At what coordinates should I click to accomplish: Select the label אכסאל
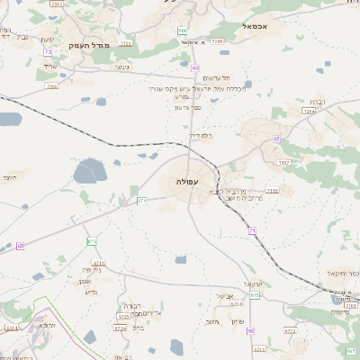click(x=259, y=27)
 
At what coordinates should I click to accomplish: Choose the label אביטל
click(x=225, y=297)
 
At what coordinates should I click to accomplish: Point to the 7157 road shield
click(x=284, y=163)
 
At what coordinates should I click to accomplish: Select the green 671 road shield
click(x=142, y=201)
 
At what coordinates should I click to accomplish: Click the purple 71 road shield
click(x=252, y=232)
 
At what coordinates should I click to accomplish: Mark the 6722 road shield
click(x=290, y=331)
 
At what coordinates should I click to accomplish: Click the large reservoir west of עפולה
click(x=90, y=170)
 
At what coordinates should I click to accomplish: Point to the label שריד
click(x=49, y=67)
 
